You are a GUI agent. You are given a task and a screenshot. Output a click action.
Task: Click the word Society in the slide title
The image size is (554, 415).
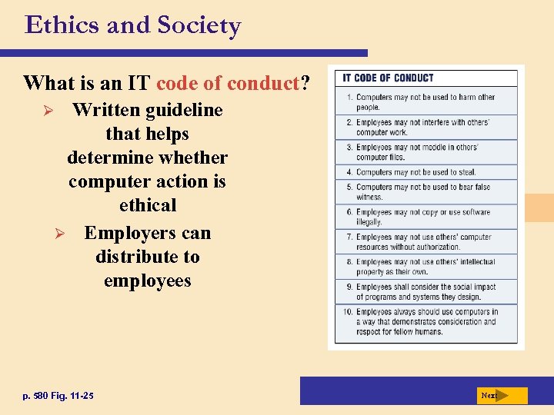(x=199, y=26)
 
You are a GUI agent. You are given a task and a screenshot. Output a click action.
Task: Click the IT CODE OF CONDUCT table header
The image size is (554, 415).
(x=388, y=78)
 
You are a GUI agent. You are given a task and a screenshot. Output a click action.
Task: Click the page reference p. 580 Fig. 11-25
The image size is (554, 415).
(x=58, y=396)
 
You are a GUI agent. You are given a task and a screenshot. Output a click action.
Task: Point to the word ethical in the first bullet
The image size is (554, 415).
(x=148, y=205)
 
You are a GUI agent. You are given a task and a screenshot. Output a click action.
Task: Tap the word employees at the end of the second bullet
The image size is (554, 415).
(x=148, y=281)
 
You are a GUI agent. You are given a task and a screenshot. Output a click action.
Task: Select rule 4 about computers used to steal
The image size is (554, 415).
(x=415, y=172)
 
